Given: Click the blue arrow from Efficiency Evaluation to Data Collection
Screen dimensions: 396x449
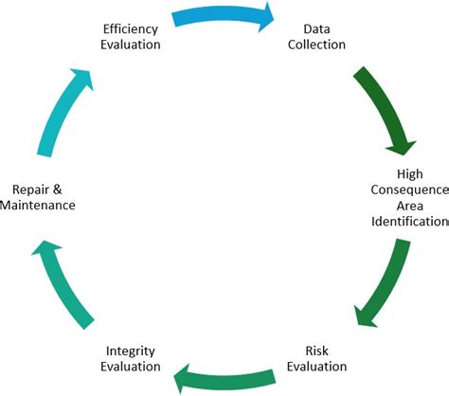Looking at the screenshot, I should [223, 16].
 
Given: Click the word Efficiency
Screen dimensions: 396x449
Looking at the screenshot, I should [131, 28].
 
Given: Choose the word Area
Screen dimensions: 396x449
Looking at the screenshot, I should [409, 207].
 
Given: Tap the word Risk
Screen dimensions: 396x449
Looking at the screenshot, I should [318, 351].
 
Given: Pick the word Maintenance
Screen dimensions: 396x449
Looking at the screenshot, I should [37, 205].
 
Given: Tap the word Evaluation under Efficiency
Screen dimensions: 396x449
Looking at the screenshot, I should [131, 45].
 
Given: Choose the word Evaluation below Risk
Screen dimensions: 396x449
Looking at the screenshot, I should [318, 367].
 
